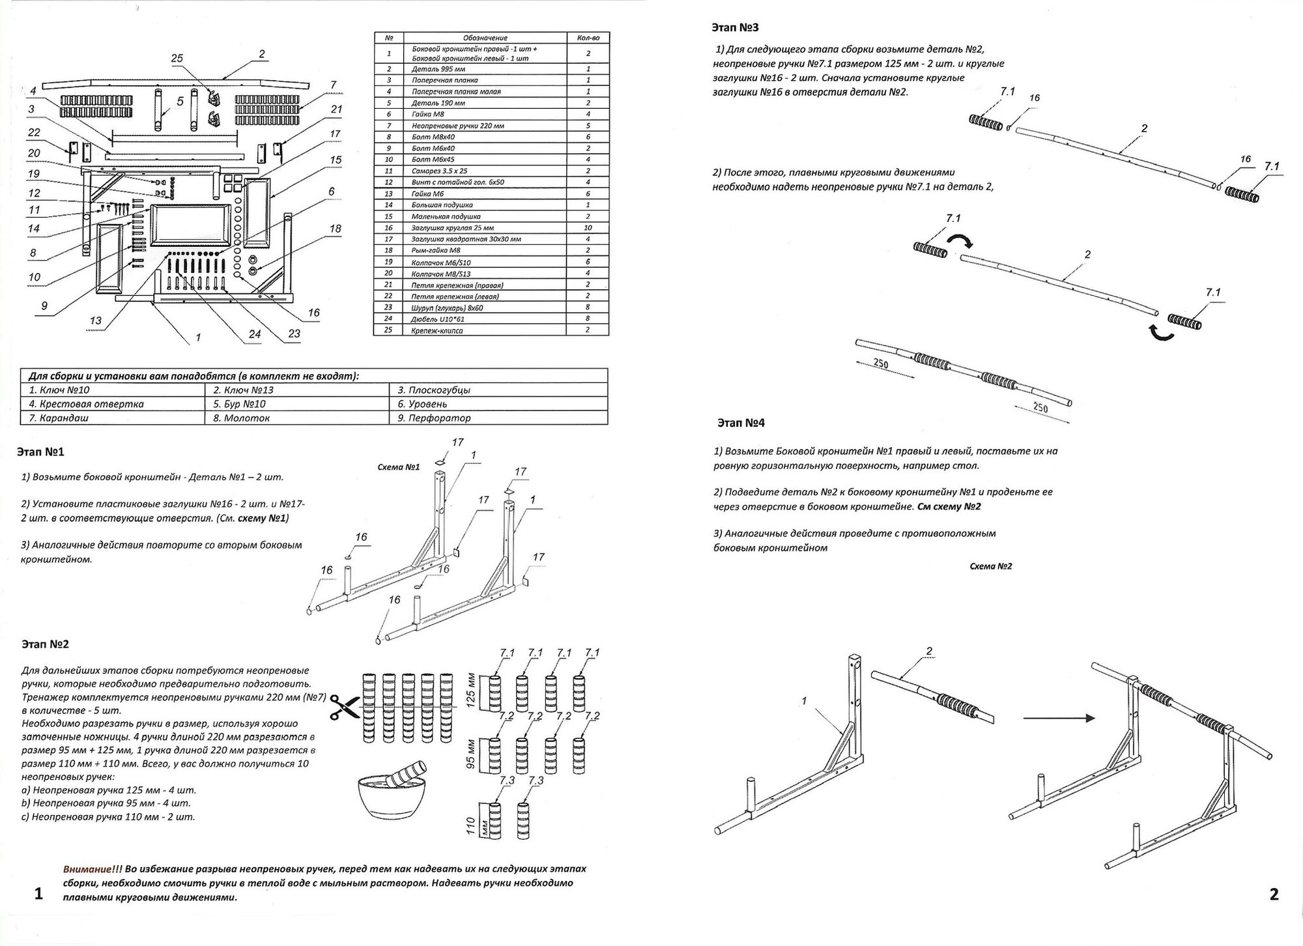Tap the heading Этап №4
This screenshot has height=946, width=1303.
click(x=741, y=423)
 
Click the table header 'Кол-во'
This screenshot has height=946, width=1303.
click(x=588, y=38)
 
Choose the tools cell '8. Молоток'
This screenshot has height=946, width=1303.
click(x=242, y=418)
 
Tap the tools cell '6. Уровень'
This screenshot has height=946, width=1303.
click(x=423, y=404)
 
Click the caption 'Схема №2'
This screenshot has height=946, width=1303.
click(x=990, y=566)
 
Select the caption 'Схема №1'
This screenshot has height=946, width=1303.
click(x=399, y=467)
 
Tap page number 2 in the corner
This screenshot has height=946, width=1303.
click(x=1274, y=894)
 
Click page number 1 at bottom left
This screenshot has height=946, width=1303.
click(x=38, y=894)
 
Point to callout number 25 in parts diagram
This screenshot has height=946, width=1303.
click(x=177, y=59)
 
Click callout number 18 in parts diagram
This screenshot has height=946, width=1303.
click(x=335, y=229)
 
